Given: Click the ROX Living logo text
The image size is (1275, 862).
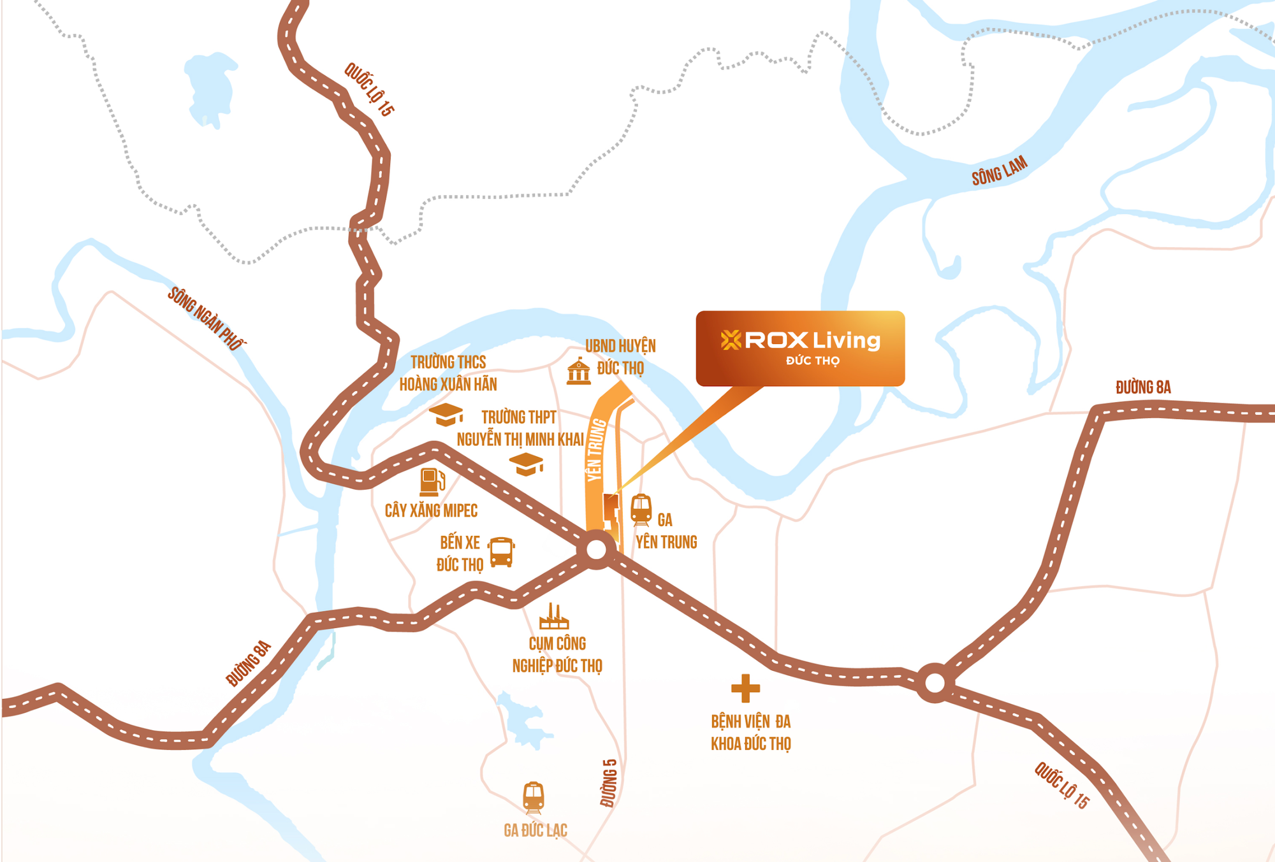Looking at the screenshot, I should [x=801, y=340].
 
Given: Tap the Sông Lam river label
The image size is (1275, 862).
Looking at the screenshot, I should [x=999, y=171].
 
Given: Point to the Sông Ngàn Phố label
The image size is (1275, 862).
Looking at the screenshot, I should [x=206, y=318].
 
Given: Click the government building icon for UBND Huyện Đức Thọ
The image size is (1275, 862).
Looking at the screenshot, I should [x=578, y=371].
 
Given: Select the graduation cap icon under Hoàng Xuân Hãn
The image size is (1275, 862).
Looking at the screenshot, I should [x=446, y=414].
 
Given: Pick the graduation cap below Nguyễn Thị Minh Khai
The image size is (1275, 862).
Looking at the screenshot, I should [x=526, y=464].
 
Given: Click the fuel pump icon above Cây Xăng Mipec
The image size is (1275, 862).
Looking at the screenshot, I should [x=432, y=482].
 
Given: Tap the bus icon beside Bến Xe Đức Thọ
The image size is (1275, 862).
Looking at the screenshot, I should [x=501, y=552].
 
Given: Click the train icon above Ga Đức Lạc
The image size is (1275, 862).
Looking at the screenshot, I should [x=534, y=797].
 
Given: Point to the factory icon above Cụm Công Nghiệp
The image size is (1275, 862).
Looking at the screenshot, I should [x=553, y=616].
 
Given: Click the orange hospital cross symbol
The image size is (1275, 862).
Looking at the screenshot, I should [x=745, y=688].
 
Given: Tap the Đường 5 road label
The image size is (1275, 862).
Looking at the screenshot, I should [x=609, y=783].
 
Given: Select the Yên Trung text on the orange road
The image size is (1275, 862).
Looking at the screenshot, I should [x=595, y=450].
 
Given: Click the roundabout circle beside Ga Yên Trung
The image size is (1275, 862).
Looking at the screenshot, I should [x=597, y=549].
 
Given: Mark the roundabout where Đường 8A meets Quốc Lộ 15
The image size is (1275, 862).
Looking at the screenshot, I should [x=935, y=683].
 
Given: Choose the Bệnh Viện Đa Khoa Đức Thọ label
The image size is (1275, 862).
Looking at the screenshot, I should [x=751, y=733].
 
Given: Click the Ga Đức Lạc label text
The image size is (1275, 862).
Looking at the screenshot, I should [x=535, y=830].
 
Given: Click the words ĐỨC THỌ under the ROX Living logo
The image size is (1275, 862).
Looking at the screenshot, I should [x=812, y=361].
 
